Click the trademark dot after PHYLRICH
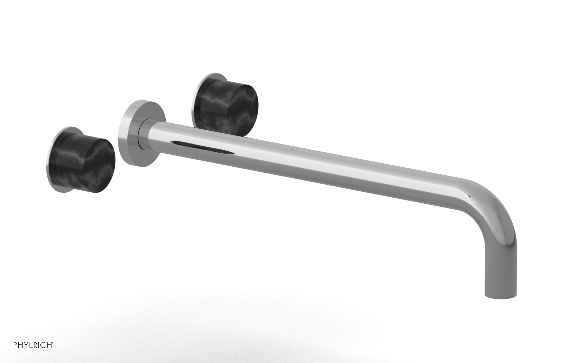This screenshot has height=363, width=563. click(53, 342)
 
